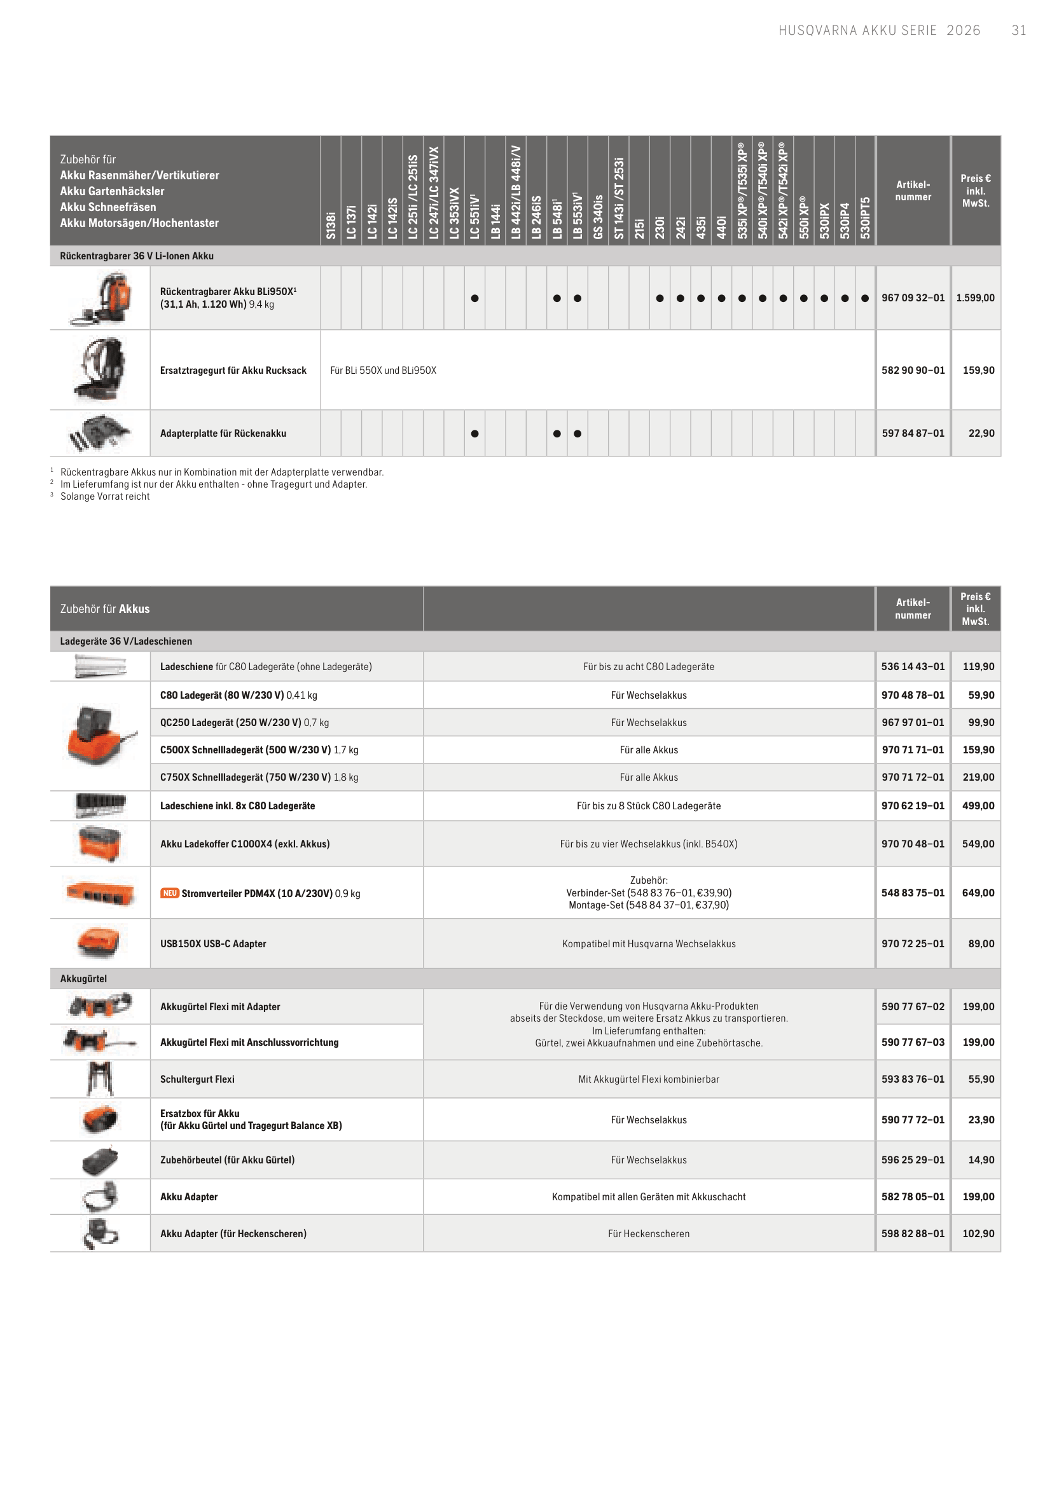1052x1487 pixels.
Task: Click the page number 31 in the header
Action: [x=1018, y=31]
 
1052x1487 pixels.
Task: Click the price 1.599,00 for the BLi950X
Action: [x=975, y=298]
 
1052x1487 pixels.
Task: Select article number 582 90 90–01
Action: [x=913, y=371]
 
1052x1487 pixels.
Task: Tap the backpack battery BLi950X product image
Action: [x=101, y=298]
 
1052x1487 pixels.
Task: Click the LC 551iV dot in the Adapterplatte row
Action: [x=475, y=434]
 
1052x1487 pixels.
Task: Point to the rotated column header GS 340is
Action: [x=598, y=217]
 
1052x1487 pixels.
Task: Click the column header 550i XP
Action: [x=804, y=217]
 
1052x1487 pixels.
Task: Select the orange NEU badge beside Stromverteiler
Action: [x=170, y=893]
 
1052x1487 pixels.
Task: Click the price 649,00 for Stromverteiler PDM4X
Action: [x=978, y=893]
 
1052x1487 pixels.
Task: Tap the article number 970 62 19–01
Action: [x=913, y=806]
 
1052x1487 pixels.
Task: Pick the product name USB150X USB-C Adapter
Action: [x=213, y=944]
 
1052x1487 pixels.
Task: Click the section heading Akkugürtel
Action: [x=83, y=978]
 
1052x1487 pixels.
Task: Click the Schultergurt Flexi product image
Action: [x=100, y=1079]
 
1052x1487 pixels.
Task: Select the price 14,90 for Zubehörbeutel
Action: [x=981, y=1160]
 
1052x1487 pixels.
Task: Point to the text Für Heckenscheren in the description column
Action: [x=648, y=1234]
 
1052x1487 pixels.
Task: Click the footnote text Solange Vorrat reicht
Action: [x=105, y=497]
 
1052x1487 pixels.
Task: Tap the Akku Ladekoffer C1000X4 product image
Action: [x=100, y=844]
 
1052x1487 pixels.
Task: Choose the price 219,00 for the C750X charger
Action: [x=978, y=777]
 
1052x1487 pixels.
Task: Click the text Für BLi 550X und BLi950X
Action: [x=384, y=371]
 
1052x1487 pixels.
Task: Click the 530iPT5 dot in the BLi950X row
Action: [x=865, y=299]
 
